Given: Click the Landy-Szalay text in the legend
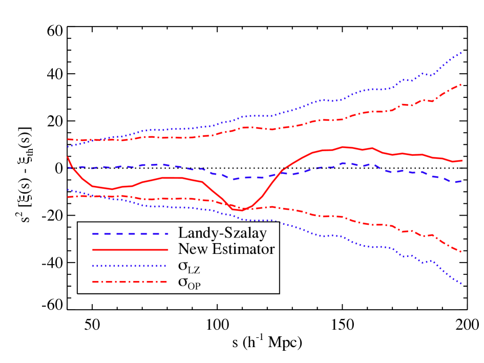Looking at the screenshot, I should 222,233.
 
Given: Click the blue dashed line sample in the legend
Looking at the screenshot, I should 130,234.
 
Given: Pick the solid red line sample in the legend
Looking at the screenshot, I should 130,249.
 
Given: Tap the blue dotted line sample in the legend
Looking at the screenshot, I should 130,266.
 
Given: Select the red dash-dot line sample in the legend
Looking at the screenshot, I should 130,282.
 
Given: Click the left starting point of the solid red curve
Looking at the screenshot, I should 68,157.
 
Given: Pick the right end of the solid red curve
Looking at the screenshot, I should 462,161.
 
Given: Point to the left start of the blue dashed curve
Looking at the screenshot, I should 68,167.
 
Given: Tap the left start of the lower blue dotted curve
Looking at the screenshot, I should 68,189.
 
